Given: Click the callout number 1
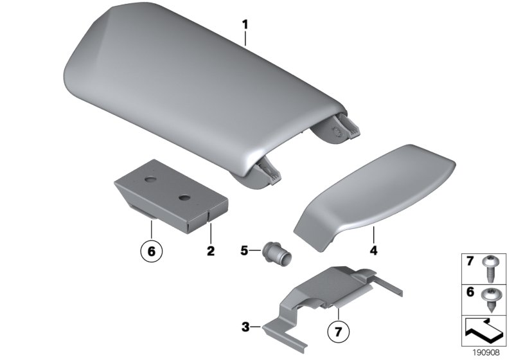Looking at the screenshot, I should [245, 26].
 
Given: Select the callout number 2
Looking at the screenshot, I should [210, 249].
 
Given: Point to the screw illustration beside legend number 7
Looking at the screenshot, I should [492, 269].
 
